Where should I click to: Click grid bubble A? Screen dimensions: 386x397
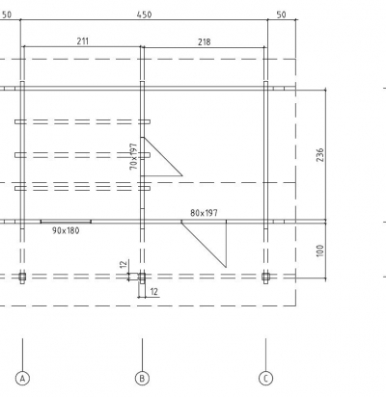[22, 378]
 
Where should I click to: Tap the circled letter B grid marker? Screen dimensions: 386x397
[142, 378]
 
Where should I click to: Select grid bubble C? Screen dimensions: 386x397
[265, 378]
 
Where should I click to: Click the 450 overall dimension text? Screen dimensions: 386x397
[144, 14]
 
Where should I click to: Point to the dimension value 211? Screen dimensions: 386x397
[83, 41]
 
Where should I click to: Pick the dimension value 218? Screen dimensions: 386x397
[205, 41]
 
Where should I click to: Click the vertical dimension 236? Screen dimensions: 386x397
[320, 155]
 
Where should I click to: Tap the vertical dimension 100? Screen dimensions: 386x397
[320, 251]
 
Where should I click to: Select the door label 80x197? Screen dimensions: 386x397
[204, 213]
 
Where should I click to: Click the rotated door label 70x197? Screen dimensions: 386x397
[133, 156]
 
